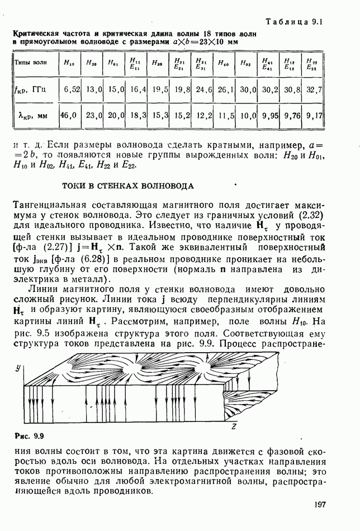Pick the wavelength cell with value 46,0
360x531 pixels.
tap(68, 116)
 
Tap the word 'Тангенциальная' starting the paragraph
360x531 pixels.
tap(46, 203)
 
